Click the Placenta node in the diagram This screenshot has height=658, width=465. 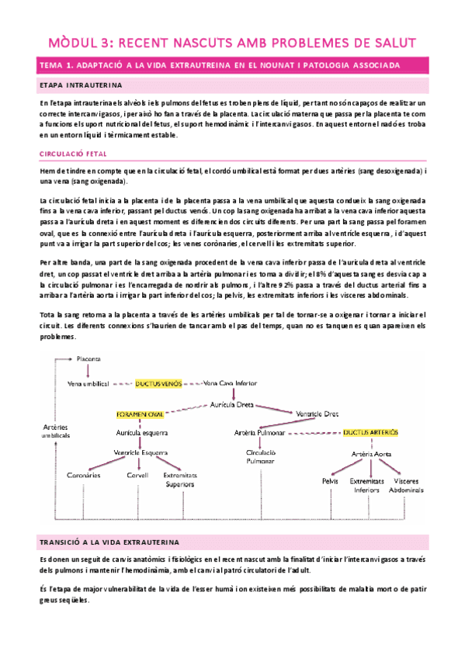pyautogui.click(x=89, y=358)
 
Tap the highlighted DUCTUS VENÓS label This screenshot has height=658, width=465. pyautogui.click(x=160, y=383)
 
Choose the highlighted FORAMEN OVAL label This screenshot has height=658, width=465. pyautogui.click(x=141, y=414)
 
